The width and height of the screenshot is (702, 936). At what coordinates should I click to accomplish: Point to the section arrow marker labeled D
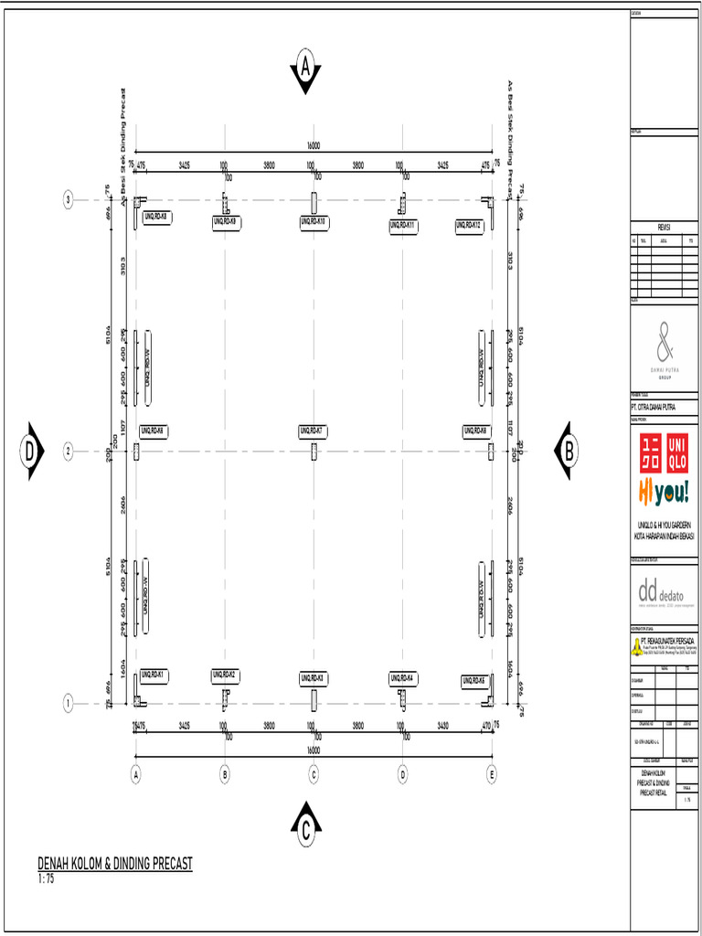30,451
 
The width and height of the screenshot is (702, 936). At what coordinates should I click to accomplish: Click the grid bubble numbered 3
68,199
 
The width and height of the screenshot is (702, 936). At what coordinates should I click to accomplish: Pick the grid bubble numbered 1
68,703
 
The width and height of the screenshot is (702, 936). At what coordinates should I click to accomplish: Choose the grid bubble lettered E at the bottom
492,774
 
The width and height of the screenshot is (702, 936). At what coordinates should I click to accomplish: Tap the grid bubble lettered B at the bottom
225,774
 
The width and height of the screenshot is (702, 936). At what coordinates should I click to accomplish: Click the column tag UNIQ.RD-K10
314,222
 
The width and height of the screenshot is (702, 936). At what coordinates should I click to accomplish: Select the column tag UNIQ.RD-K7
314,431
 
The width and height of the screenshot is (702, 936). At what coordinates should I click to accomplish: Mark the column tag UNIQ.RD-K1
154,675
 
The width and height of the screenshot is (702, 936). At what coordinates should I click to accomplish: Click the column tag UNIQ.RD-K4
403,677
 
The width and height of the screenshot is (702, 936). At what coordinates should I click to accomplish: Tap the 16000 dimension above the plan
314,144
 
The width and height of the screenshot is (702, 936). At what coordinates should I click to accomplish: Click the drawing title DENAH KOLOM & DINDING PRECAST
115,863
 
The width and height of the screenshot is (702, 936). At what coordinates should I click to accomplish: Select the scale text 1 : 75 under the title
47,878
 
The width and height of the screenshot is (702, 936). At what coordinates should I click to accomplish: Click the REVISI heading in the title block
665,228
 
